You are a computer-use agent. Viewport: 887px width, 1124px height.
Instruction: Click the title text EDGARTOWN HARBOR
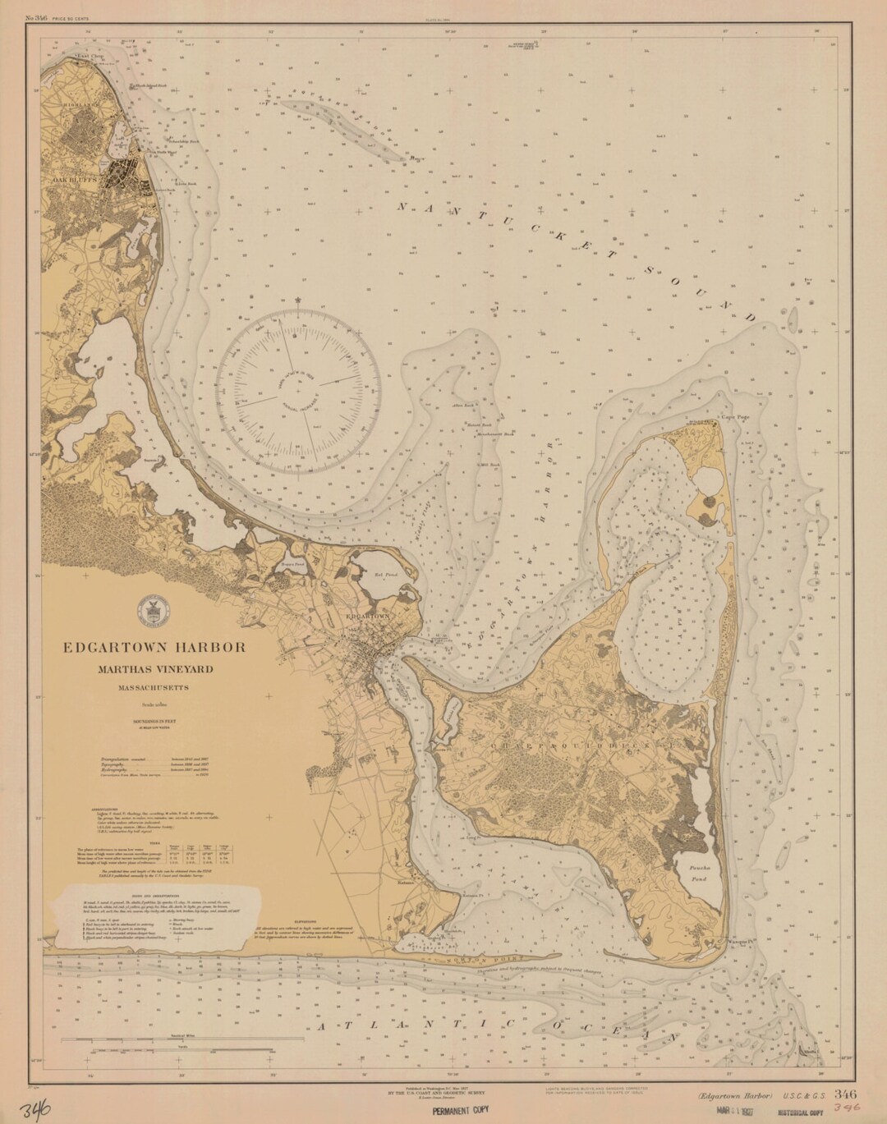pyautogui.click(x=154, y=647)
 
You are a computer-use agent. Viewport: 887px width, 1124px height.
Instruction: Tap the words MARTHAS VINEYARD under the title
pyautogui.click(x=154, y=669)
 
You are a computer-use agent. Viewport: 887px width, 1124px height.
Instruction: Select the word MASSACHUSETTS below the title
pyautogui.click(x=154, y=687)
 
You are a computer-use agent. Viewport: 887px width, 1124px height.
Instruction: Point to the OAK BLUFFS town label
pyautogui.click(x=75, y=178)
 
